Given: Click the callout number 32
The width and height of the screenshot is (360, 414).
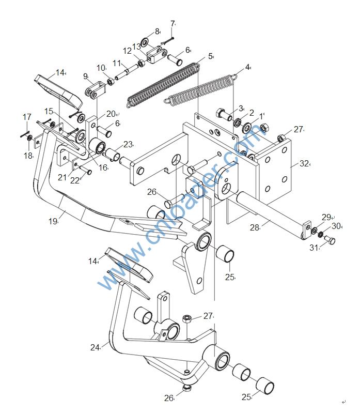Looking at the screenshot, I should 304,164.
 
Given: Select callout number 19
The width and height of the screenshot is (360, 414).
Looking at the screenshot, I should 53,221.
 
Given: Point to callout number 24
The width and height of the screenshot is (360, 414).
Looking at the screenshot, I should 95,347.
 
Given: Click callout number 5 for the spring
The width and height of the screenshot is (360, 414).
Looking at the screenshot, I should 210,56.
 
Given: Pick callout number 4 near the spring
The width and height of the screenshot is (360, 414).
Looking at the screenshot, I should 247,67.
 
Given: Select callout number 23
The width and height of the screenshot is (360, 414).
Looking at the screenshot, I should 128,144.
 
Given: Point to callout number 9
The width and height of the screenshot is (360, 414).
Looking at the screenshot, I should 86,76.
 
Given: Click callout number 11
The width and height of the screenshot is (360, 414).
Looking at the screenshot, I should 117,63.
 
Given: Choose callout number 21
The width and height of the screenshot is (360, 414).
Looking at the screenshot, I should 62,177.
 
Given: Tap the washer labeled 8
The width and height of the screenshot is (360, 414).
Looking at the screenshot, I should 145,41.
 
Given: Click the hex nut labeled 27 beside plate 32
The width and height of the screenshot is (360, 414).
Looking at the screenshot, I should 282,137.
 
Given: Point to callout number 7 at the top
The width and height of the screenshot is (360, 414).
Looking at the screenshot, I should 173,24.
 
